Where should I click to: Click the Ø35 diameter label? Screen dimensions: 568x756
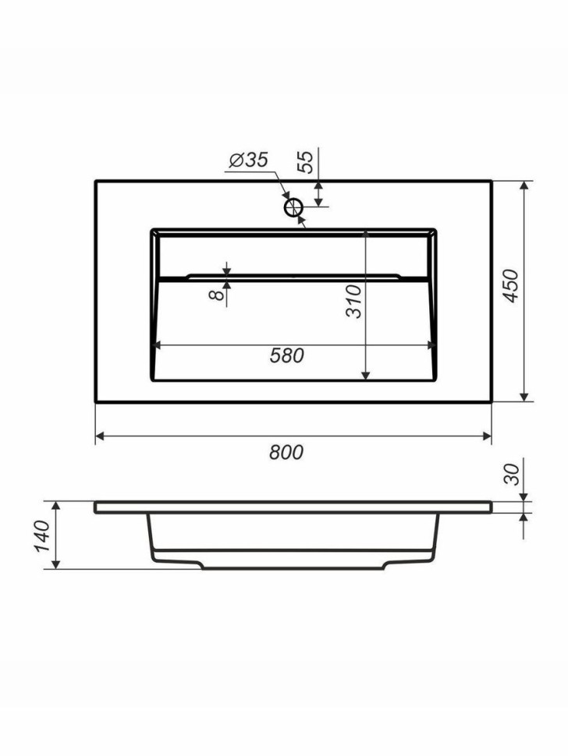[248, 160]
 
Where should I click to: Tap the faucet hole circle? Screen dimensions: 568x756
[293, 208]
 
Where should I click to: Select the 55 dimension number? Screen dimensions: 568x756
[306, 162]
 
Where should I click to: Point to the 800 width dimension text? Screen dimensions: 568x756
[286, 452]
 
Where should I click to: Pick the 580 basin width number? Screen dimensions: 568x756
[286, 356]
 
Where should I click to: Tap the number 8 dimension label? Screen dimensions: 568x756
[218, 294]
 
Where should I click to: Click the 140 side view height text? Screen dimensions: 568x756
[41, 536]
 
